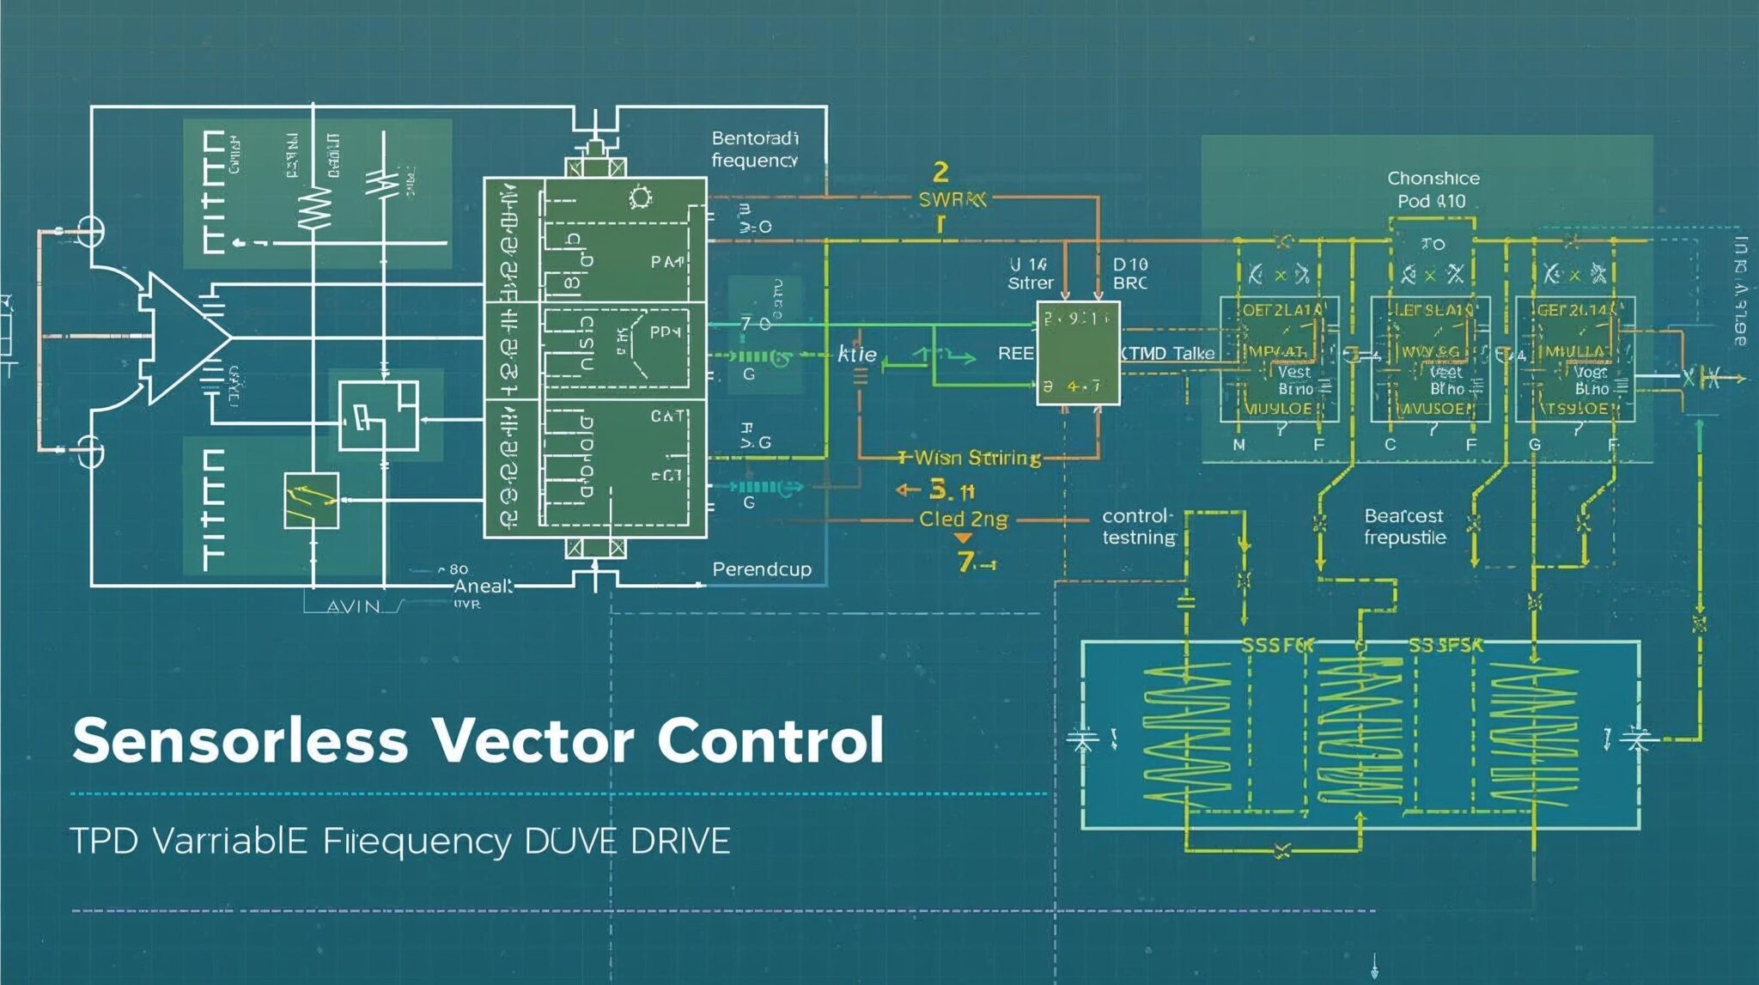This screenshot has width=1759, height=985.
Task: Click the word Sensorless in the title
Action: [240, 740]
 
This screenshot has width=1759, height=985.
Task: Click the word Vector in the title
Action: [533, 740]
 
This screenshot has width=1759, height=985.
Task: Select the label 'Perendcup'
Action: [761, 569]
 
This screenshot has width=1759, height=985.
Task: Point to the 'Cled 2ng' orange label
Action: [963, 519]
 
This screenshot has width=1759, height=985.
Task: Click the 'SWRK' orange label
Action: [952, 199]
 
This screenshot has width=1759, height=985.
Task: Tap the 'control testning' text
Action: [1138, 526]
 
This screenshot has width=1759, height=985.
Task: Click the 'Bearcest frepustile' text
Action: [1404, 526]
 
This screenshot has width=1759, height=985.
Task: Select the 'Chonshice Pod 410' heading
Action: [1433, 190]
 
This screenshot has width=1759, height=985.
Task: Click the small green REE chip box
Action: [1078, 353]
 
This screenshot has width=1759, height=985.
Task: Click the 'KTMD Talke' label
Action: [1168, 354]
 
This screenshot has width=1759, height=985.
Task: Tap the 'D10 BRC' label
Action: [1130, 273]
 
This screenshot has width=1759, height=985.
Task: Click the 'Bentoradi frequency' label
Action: [754, 149]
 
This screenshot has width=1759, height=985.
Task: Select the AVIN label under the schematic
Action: [353, 606]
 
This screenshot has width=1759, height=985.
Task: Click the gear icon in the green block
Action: [640, 198]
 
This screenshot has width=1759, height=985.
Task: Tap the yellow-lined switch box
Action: [311, 500]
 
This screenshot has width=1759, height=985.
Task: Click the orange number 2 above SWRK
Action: [940, 173]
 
